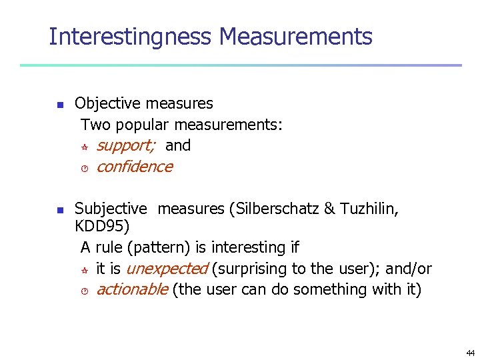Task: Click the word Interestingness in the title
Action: point(131,37)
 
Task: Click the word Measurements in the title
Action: point(295,37)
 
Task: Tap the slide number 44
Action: point(471,353)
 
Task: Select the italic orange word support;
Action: point(126,145)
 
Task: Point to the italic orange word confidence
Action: point(134,167)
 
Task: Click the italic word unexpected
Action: point(167,269)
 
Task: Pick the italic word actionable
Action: point(131,289)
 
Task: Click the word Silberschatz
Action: point(275,209)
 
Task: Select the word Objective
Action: point(107,103)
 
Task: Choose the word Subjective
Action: point(111,209)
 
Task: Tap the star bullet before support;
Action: point(85,146)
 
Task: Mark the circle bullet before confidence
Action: point(85,167)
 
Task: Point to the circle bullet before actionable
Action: point(85,290)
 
